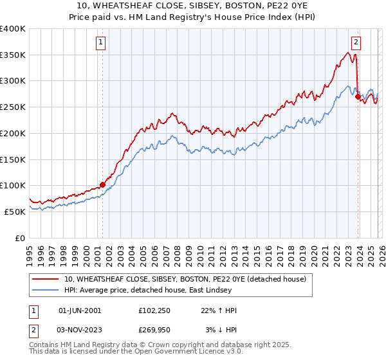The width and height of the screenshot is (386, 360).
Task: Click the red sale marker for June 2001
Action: pos(102,184)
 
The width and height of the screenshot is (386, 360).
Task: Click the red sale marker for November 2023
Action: pos(358,97)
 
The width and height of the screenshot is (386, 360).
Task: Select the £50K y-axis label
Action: pos(14,212)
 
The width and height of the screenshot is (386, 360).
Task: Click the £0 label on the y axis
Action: pos(20,238)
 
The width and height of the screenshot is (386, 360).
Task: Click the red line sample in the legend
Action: pos(46,279)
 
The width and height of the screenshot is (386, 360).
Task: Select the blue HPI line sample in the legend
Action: pos(46,290)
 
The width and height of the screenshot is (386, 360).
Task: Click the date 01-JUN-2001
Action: pos(80,310)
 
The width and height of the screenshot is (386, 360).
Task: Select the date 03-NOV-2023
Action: pos(80,330)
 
